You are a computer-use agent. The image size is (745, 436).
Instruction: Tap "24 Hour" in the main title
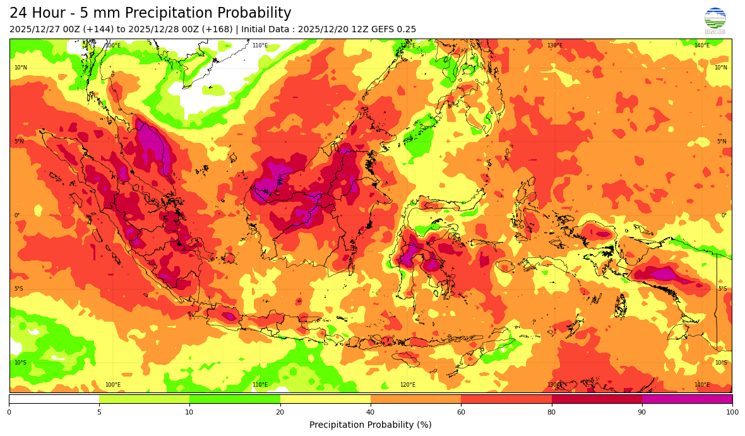(x=36, y=13)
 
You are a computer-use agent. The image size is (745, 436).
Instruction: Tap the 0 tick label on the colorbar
(x=9, y=413)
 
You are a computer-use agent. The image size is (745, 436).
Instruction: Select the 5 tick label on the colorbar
(x=99, y=413)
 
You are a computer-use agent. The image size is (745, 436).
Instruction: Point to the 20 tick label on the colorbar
(x=280, y=413)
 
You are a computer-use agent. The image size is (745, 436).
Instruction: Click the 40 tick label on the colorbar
(x=371, y=413)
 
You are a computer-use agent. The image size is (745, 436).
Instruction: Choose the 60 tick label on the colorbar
(x=461, y=413)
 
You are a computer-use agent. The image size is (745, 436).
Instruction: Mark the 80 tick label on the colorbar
(x=552, y=413)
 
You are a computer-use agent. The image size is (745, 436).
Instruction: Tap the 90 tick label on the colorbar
(x=642, y=413)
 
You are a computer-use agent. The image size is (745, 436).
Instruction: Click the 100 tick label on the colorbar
(x=732, y=413)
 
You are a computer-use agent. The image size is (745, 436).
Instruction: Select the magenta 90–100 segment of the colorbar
(x=687, y=399)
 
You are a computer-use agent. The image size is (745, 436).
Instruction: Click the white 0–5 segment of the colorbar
(x=54, y=399)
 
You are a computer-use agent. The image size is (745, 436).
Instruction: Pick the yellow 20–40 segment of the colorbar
(x=325, y=399)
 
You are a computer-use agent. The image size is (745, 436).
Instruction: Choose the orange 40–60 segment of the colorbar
(x=415, y=399)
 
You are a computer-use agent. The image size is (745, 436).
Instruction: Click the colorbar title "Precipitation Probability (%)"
(x=371, y=425)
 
